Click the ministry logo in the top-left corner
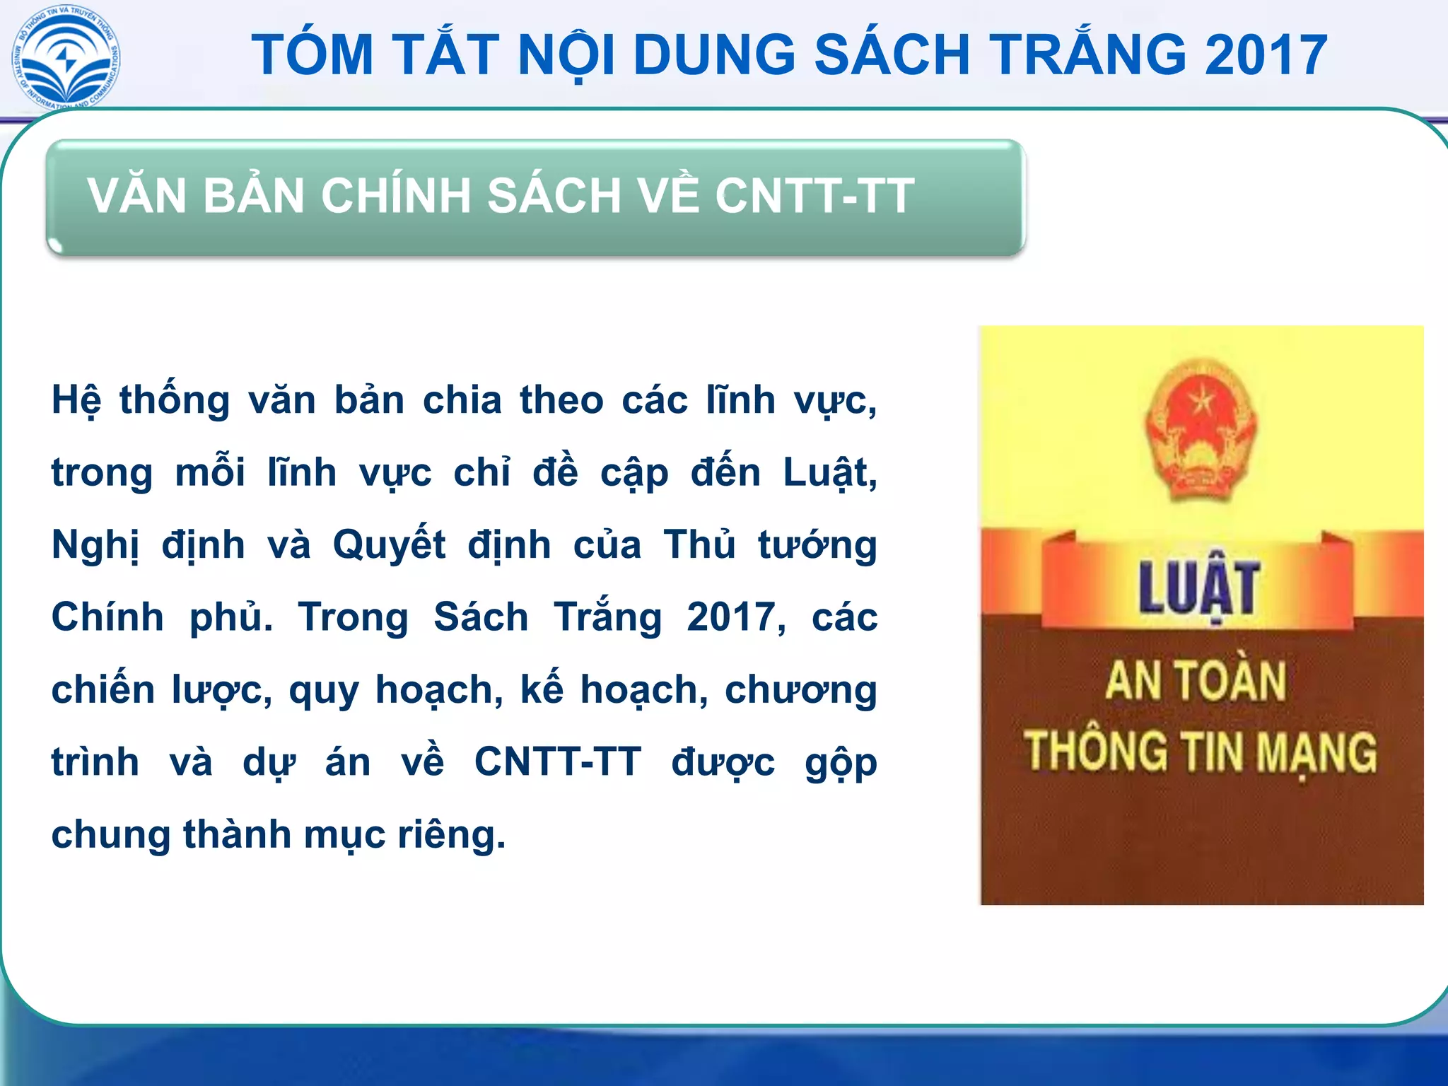(66, 57)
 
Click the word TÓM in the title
(313, 55)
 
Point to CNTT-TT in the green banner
(814, 196)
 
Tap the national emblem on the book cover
(1200, 428)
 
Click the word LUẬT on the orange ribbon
(1198, 588)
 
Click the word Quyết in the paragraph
(389, 546)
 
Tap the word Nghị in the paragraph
(95, 546)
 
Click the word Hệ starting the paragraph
(76, 401)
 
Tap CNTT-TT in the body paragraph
(557, 762)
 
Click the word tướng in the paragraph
(817, 546)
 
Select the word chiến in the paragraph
(103, 690)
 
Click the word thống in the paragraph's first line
(174, 401)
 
